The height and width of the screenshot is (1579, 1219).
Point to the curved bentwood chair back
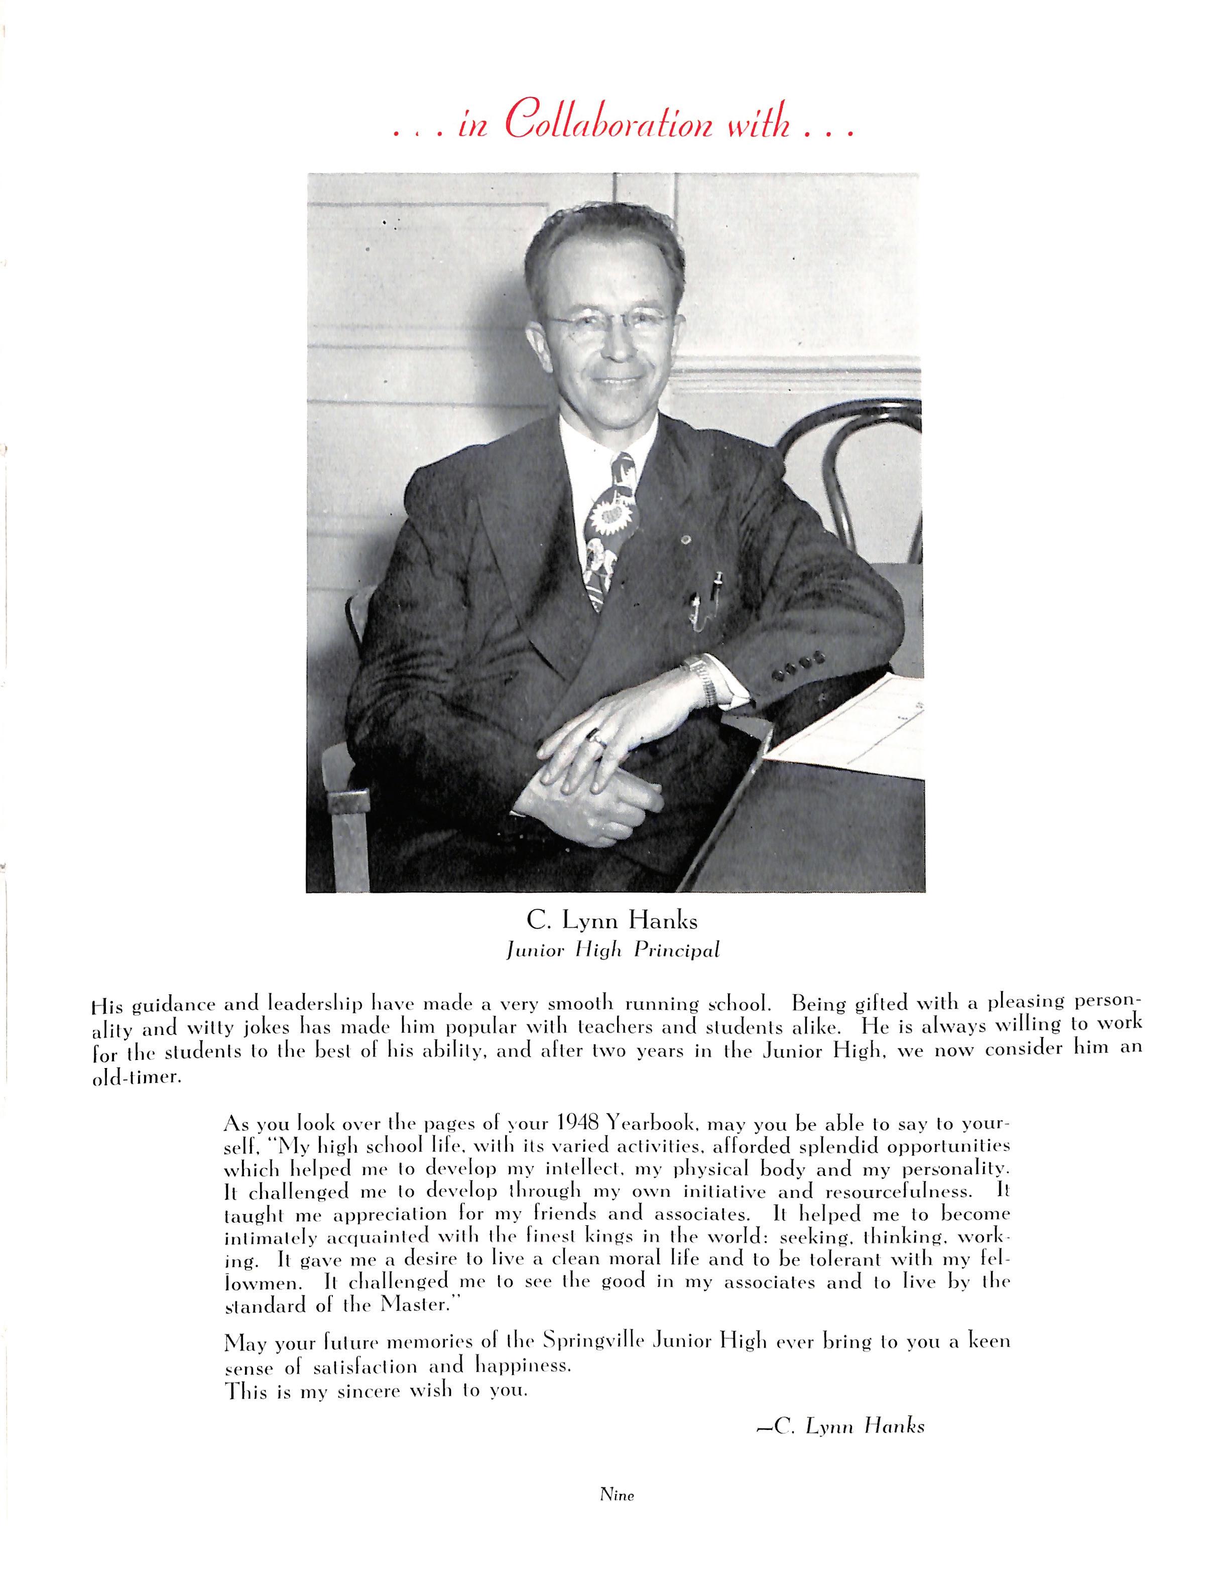tap(853, 463)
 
